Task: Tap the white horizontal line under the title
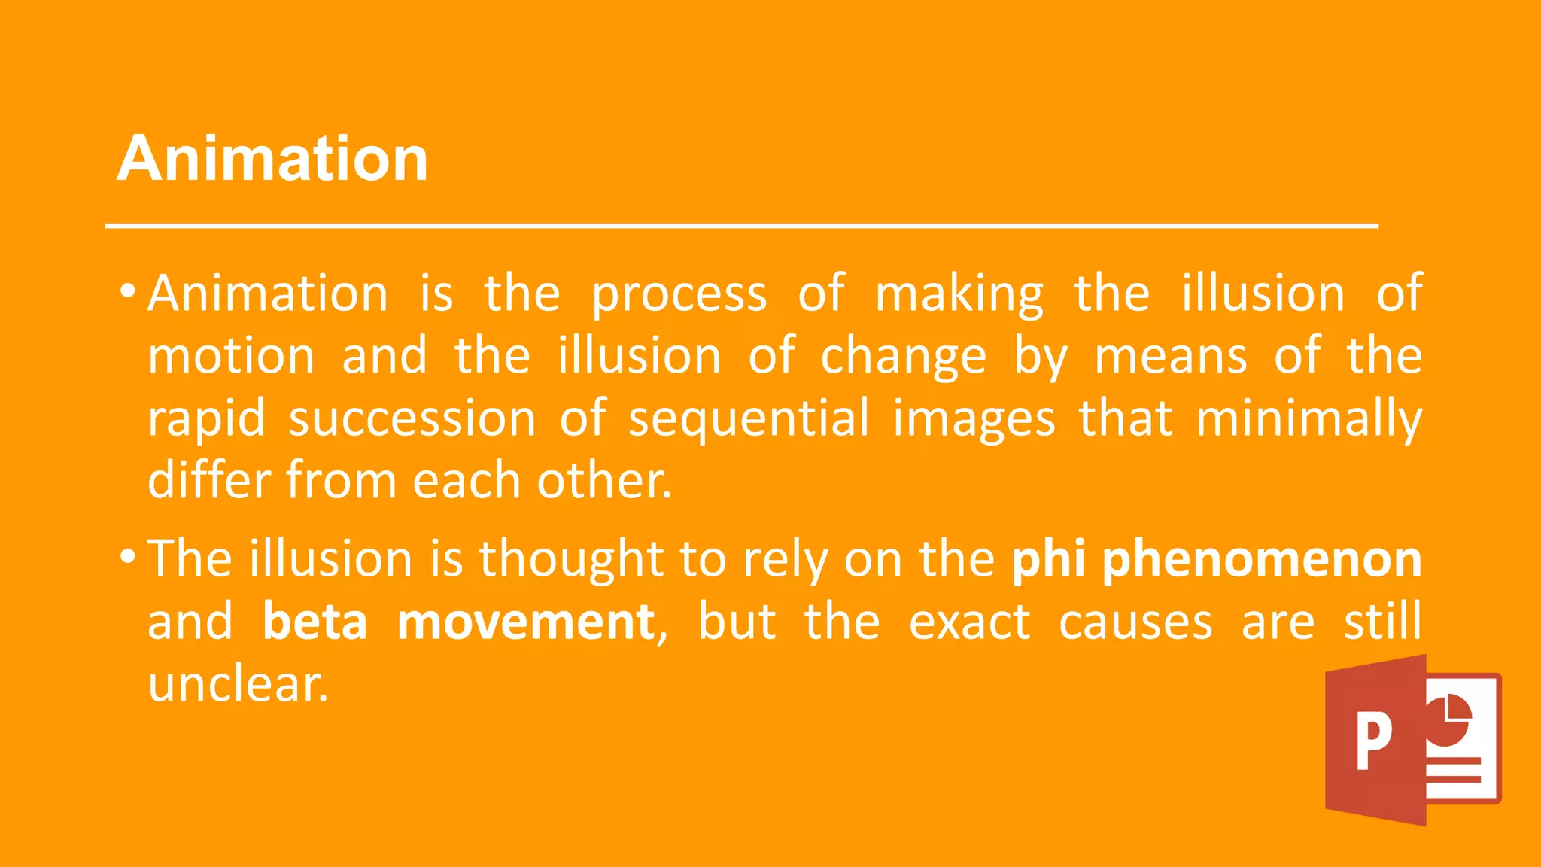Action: coord(741,225)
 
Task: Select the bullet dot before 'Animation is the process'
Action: coord(128,291)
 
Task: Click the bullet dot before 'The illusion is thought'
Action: coord(128,558)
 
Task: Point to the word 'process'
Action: coord(679,295)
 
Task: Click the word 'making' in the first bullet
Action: coord(959,295)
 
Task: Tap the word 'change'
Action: coord(903,357)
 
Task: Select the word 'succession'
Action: coord(412,418)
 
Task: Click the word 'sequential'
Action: coord(749,420)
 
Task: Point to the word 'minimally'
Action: coord(1308,420)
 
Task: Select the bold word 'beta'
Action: coord(315,622)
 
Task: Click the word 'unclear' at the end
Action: coord(238,684)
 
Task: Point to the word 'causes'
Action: coord(1135,623)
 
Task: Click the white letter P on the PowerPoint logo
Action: coord(1374,741)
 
